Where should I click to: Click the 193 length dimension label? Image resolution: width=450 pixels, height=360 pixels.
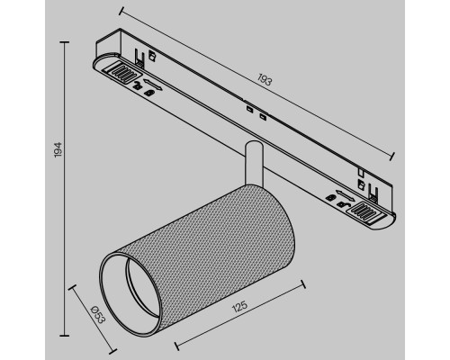(264, 81)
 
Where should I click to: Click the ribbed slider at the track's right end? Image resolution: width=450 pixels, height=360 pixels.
(369, 211)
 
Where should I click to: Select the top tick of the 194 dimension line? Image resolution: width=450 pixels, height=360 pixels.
(64, 40)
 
